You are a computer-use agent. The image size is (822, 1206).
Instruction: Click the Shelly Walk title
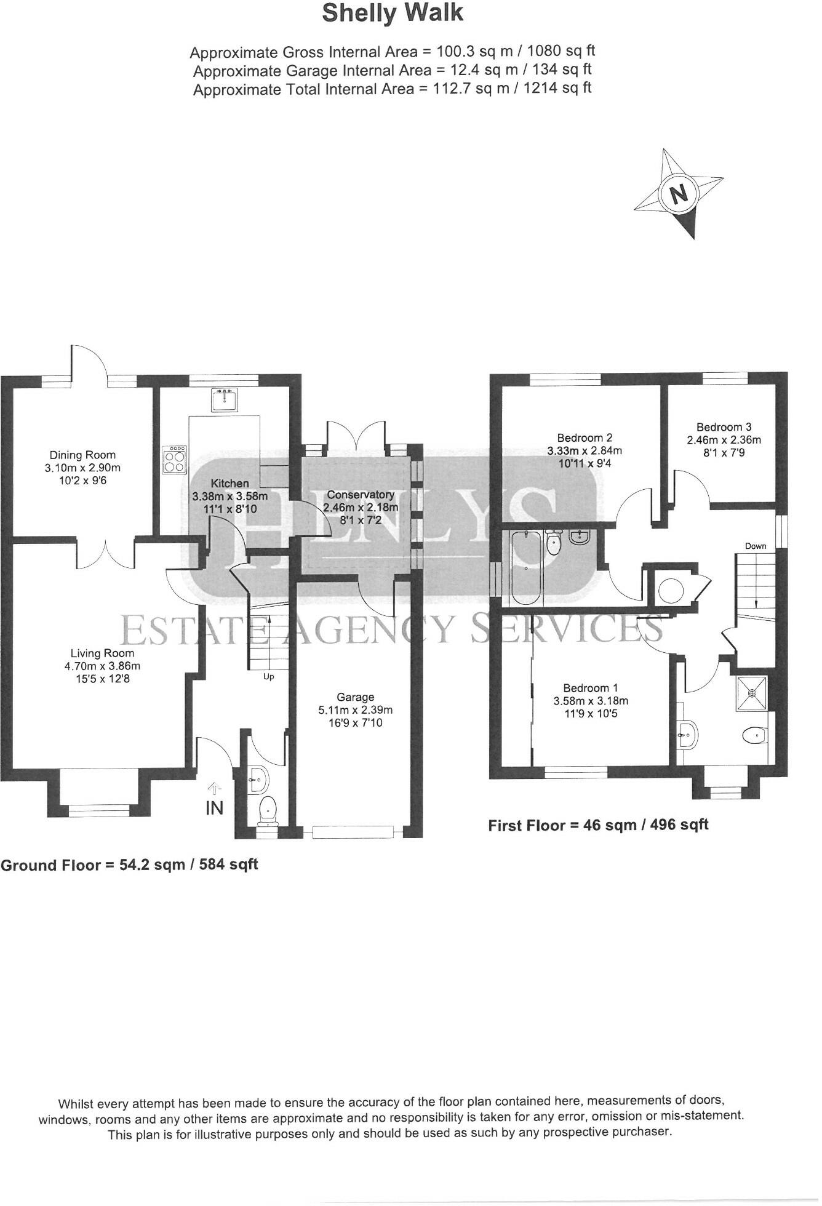tap(392, 14)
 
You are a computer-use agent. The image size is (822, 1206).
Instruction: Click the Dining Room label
tap(82, 455)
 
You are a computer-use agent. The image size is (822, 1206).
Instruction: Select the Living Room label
tap(102, 653)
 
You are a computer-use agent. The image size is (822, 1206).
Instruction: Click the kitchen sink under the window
tap(224, 401)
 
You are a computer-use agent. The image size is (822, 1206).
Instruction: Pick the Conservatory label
tap(361, 495)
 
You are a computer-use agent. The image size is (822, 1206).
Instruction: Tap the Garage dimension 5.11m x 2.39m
tap(356, 709)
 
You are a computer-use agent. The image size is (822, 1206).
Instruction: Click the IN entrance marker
tap(214, 807)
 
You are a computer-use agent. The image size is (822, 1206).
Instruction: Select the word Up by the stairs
tap(268, 677)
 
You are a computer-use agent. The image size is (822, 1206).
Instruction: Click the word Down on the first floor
tap(756, 546)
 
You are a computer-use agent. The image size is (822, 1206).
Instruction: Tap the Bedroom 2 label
tap(585, 438)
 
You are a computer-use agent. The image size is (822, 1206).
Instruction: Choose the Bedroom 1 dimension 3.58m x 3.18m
tap(591, 701)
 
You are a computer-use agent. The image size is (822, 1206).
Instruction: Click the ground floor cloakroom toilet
tap(268, 810)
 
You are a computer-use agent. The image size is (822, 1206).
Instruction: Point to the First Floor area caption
tap(598, 825)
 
